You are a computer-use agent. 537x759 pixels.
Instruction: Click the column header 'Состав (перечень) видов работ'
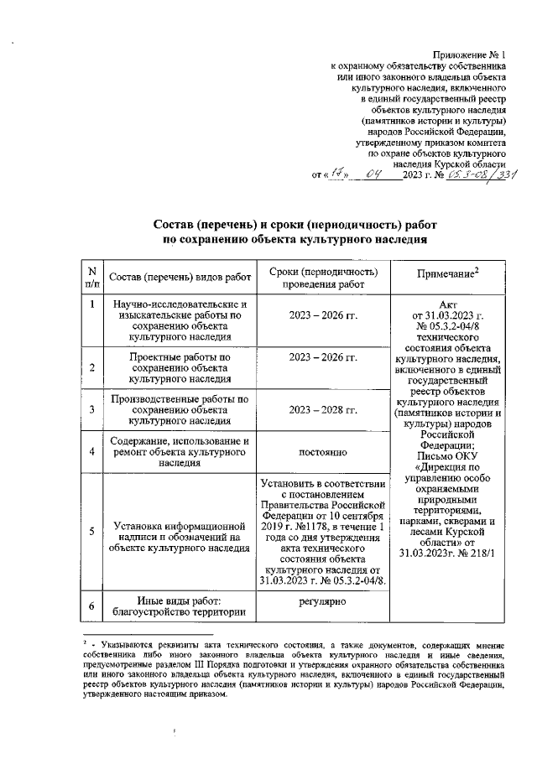pos(180,277)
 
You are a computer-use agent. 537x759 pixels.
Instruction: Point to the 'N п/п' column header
pos(91,277)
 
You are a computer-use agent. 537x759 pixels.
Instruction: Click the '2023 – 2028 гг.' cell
pos(323,408)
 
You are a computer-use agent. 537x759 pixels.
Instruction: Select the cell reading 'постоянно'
pos(323,453)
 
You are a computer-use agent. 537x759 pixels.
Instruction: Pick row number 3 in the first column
pos(91,409)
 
